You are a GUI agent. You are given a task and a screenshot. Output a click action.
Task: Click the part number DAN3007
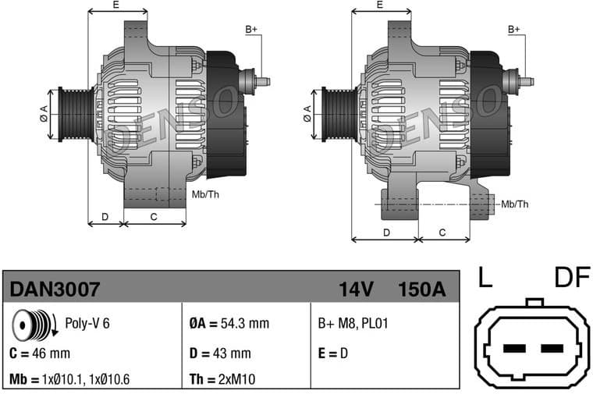click(55, 289)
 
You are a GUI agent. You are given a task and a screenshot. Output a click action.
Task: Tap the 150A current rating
click(421, 289)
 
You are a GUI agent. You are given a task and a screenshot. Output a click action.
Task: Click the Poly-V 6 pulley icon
click(33, 324)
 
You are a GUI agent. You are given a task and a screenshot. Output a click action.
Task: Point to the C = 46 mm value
click(38, 353)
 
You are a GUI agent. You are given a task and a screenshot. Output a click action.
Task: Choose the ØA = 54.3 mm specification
click(229, 324)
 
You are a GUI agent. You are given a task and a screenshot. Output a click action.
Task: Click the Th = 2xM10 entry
click(222, 380)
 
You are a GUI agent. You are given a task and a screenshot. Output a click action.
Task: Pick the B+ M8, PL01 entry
click(353, 324)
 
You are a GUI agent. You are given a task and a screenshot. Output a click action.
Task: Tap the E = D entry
click(332, 353)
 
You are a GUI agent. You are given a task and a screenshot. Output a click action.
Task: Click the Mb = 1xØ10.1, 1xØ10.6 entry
click(70, 380)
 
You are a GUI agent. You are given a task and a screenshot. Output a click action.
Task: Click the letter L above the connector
click(485, 277)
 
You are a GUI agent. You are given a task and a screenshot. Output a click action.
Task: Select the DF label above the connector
click(572, 277)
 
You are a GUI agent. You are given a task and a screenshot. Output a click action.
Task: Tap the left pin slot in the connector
click(515, 348)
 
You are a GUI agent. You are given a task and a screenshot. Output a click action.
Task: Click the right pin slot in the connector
click(552, 348)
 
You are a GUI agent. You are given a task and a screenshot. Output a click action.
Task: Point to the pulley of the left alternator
click(76, 114)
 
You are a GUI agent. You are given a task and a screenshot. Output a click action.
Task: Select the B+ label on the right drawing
click(513, 30)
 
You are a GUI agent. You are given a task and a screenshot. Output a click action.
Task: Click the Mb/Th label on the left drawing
click(205, 193)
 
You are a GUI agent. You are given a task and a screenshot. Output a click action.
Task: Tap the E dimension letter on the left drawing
click(116, 5)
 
